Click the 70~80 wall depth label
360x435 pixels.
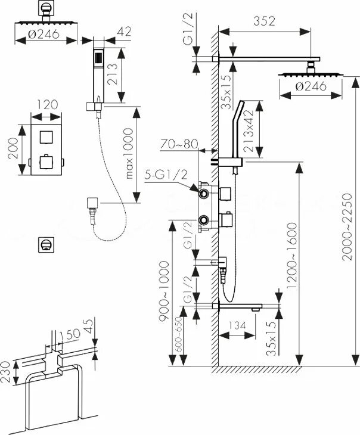tap(178, 144)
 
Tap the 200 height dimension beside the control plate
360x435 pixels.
tap(13, 150)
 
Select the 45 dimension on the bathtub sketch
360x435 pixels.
tap(89, 326)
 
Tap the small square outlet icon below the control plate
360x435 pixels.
tap(45, 244)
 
